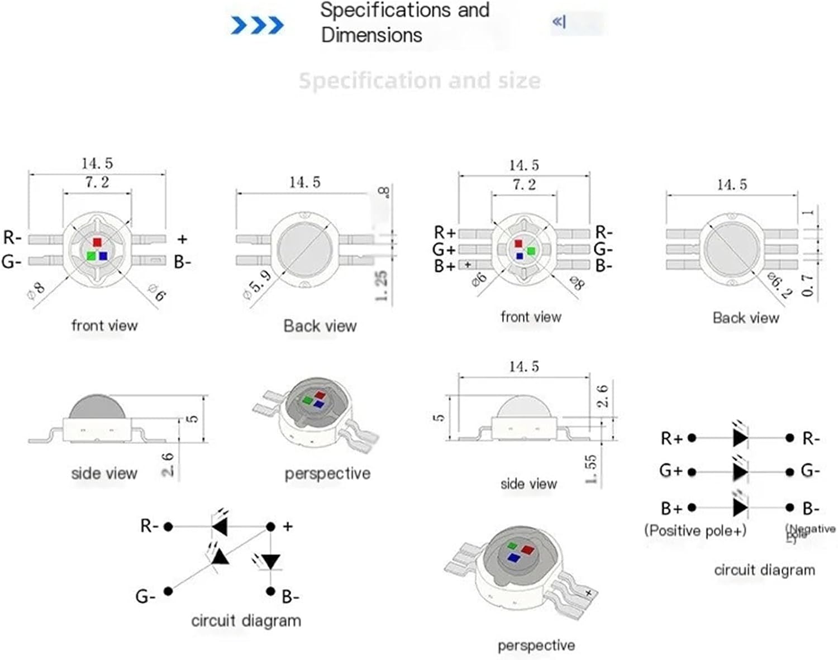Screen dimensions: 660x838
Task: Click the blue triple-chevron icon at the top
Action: point(257,25)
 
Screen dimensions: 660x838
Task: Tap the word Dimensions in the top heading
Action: point(372,35)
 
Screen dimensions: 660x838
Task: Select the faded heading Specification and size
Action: point(420,81)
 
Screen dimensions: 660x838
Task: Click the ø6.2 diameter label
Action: point(779,285)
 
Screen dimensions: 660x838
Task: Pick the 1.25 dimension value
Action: point(381,286)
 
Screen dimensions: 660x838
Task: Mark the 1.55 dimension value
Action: point(591,469)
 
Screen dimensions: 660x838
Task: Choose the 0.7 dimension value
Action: point(807,285)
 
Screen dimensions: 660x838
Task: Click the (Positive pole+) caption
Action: point(695,530)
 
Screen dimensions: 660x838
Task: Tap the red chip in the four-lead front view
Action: point(97,242)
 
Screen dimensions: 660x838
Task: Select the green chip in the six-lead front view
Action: point(531,251)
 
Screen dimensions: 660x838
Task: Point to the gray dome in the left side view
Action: point(97,407)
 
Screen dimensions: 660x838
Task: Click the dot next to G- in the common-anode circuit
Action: point(168,591)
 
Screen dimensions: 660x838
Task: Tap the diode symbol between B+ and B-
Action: point(740,508)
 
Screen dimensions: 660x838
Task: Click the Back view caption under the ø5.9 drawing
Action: point(320,326)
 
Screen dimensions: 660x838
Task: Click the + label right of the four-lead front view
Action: point(182,239)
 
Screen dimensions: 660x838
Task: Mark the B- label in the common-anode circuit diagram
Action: point(290,597)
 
